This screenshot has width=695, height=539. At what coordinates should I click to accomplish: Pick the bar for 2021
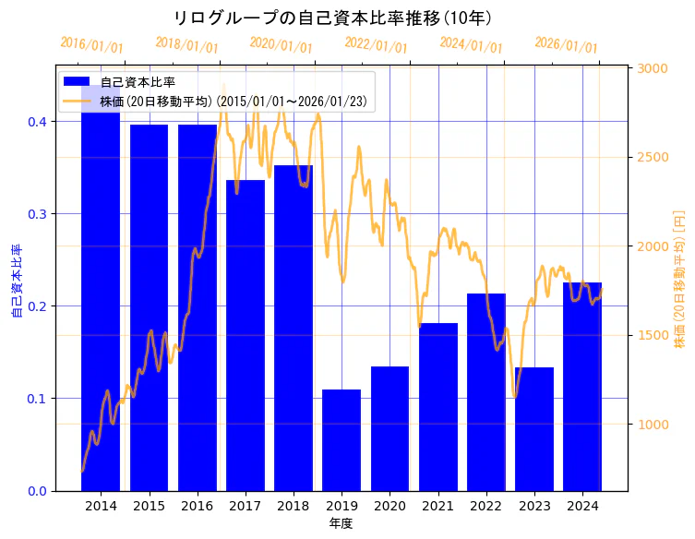pos(438,407)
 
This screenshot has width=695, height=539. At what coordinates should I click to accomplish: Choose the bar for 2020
pos(389,428)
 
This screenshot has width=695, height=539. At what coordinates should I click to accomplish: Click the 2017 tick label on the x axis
pos(245,506)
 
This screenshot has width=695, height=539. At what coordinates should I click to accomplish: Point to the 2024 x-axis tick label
pos(582,506)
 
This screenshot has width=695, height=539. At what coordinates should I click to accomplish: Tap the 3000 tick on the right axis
pos(653,68)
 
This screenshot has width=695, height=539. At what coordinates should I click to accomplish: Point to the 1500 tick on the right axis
pos(653,335)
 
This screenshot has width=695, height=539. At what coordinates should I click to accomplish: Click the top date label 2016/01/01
pos(90,45)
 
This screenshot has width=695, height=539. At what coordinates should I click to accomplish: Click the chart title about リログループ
pos(331,18)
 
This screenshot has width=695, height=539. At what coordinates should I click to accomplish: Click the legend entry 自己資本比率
pos(138,82)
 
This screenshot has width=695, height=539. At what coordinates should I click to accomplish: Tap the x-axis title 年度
pos(341,523)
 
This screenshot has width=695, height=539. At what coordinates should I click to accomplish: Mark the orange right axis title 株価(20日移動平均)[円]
pos(680,278)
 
